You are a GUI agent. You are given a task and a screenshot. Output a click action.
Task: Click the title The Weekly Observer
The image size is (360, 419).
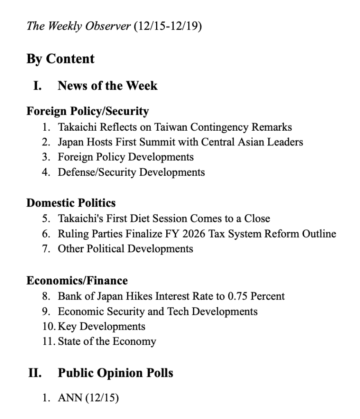coord(79,27)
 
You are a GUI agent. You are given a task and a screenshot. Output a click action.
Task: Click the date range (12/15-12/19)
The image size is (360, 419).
coord(168,27)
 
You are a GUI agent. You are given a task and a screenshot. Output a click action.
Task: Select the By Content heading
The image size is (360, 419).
coord(60,59)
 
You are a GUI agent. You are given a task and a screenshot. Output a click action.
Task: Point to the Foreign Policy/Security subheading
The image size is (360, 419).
coord(88,111)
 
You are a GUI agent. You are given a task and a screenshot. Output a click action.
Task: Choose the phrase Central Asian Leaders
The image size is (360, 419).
coord(254,142)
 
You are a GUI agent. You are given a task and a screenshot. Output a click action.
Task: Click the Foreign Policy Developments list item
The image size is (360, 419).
coord(125,157)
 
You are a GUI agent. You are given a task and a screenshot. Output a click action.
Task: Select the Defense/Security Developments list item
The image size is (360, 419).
coord(131,172)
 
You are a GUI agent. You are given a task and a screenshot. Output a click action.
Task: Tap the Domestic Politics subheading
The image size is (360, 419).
coord(71,203)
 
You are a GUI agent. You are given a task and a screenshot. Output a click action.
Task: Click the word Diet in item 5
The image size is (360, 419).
coord(162,219)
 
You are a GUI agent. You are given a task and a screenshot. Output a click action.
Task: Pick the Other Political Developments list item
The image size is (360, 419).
coord(125,249)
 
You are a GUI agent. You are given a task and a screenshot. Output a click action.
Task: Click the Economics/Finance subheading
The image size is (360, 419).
coord(77,281)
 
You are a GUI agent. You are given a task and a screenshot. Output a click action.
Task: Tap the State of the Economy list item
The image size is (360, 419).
coord(106,341)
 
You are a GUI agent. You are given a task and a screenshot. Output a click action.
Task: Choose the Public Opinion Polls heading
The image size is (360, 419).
coord(115,373)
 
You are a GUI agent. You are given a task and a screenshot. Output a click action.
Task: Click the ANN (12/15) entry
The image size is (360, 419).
coord(88,398)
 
